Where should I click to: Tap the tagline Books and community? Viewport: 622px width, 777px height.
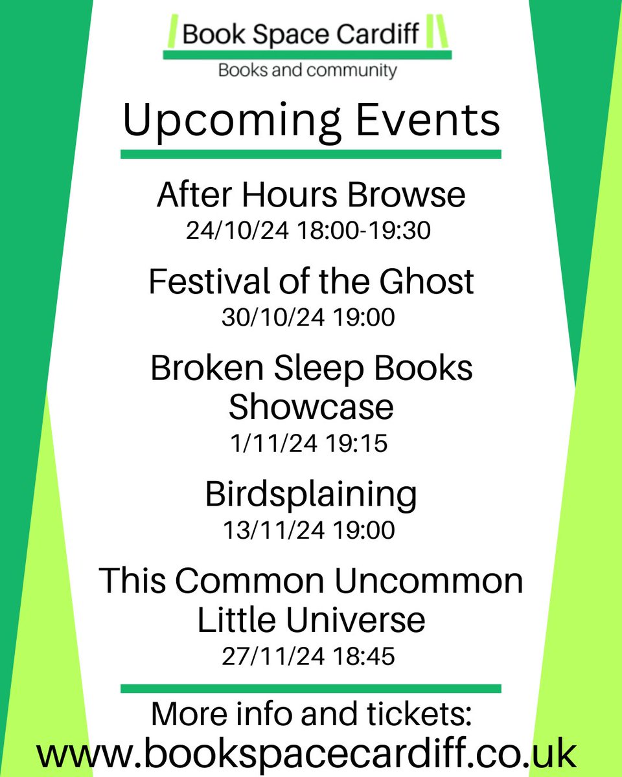(307, 70)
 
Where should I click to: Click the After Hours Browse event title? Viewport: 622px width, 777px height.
(311, 195)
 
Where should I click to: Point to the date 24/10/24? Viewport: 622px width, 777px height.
(237, 231)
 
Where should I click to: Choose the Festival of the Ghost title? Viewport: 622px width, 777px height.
(311, 282)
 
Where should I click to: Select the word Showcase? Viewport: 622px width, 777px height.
(311, 407)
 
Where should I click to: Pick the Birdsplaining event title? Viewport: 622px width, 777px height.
(311, 495)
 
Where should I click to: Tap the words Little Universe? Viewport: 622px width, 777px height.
(311, 620)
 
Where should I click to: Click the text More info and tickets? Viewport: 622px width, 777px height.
(311, 715)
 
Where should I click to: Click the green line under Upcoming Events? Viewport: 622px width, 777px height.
(311, 154)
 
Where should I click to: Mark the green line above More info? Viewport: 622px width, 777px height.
(311, 688)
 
